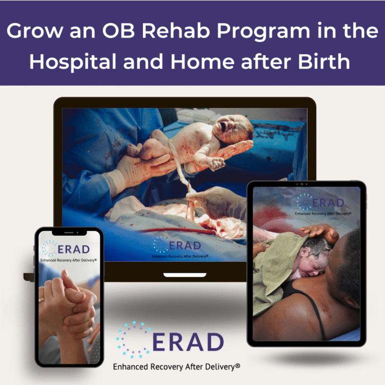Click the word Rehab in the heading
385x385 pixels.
[176, 31]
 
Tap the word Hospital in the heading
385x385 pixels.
[73, 61]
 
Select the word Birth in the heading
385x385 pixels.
[324, 61]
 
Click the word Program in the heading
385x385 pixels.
[264, 32]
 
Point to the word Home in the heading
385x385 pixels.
[203, 61]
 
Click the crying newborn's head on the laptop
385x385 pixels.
[232, 129]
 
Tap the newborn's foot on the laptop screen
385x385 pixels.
[133, 150]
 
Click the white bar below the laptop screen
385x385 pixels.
[185, 275]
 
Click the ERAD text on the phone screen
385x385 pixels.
[73, 250]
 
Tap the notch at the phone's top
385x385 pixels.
[69, 232]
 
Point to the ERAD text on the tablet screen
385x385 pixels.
[328, 203]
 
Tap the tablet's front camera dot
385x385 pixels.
[302, 184]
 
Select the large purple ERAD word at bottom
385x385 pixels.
[188, 342]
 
